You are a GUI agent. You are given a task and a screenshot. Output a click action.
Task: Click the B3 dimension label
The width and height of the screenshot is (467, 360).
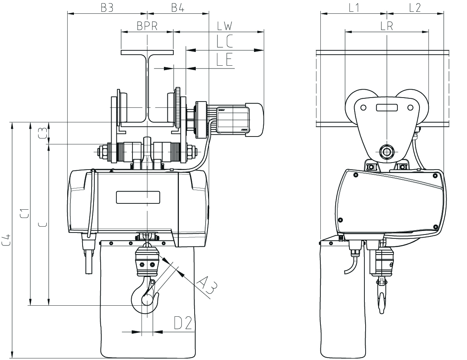[107, 7]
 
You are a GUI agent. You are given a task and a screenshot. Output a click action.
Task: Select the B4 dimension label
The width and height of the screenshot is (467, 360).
[178, 7]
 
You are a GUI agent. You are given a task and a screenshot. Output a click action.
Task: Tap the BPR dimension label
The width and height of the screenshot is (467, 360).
[147, 26]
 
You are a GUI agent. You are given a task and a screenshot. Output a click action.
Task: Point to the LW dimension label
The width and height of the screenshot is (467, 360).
[224, 26]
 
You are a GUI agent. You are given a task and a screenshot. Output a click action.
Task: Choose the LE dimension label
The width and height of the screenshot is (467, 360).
[224, 59]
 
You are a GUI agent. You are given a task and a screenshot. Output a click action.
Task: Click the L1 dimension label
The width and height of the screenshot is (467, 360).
[354, 7]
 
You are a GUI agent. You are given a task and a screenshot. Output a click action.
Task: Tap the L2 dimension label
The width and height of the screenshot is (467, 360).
[415, 7]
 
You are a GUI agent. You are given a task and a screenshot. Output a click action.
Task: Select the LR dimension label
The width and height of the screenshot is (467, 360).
[387, 26]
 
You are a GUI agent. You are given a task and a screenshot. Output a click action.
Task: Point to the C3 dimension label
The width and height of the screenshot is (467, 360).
[43, 133]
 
